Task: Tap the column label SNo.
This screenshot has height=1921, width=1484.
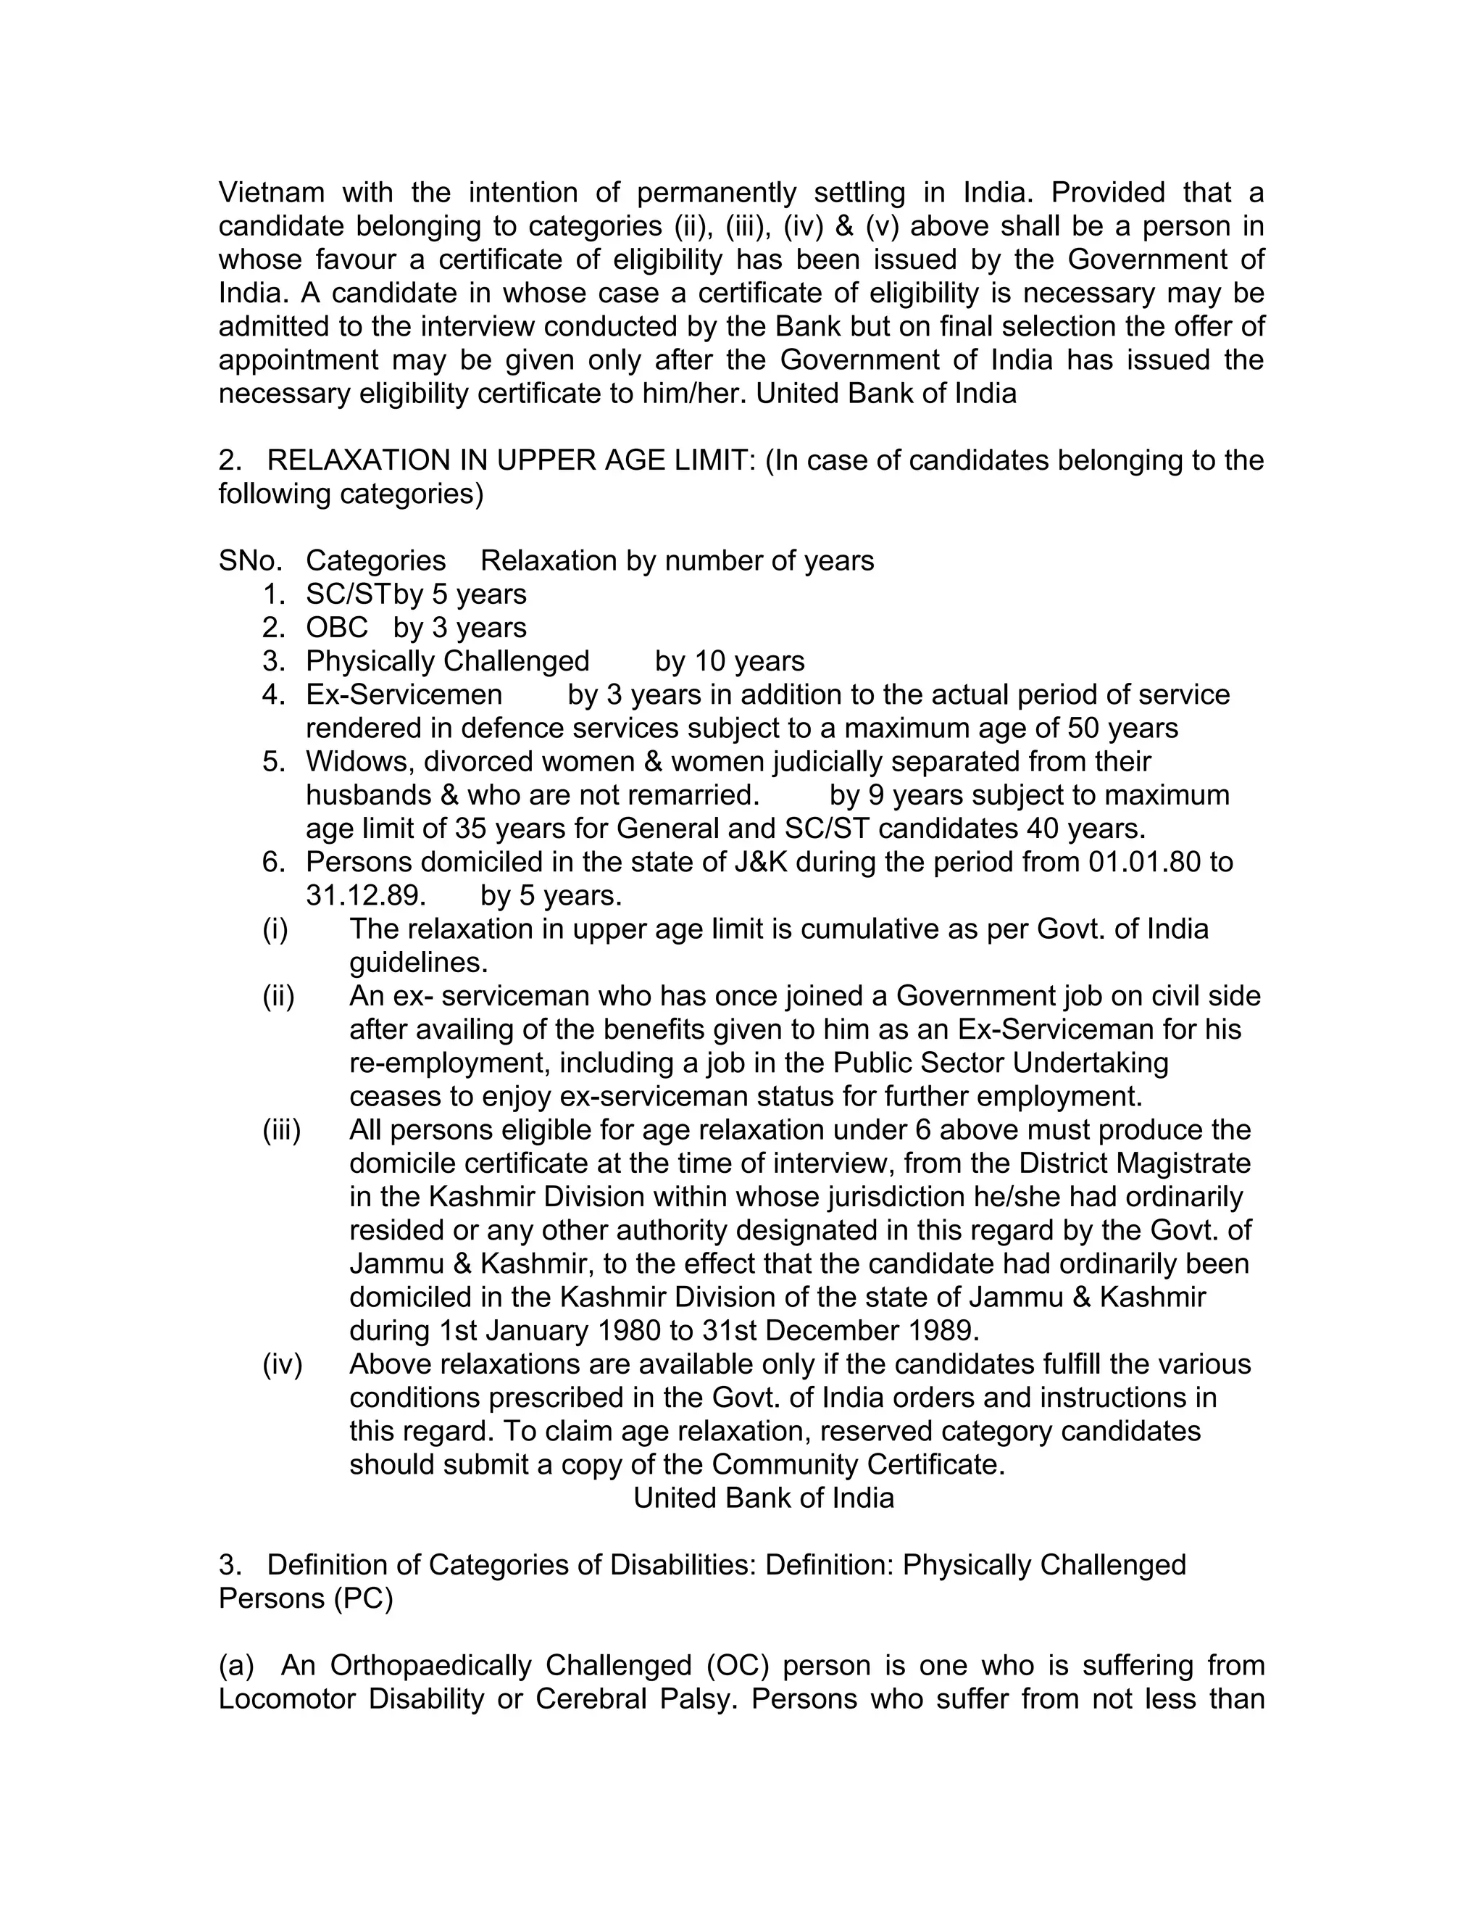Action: (250, 561)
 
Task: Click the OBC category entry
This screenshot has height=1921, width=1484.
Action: (337, 628)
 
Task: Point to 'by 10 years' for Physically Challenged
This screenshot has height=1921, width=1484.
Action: (730, 661)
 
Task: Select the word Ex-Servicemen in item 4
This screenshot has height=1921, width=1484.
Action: (404, 695)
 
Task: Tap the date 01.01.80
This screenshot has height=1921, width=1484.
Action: (1143, 862)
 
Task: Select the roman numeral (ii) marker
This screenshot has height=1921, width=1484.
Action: (279, 997)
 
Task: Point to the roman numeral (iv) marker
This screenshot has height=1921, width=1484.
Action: (281, 1364)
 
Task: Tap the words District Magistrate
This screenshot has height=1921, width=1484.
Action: (1135, 1163)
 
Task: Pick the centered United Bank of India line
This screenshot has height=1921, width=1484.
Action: (763, 1498)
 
